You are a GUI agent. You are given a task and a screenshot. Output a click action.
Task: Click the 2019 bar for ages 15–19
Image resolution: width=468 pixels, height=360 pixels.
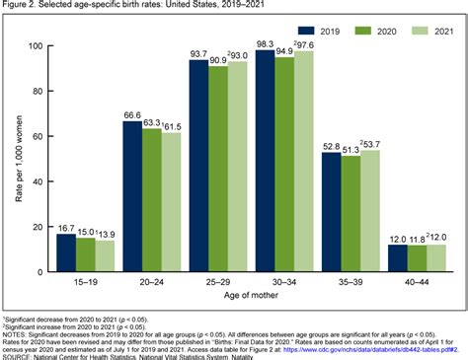65,252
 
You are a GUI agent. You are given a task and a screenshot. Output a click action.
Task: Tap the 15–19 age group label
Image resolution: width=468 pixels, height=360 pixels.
84,282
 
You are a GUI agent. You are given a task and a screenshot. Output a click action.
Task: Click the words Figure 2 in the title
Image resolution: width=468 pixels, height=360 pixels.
19,7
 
